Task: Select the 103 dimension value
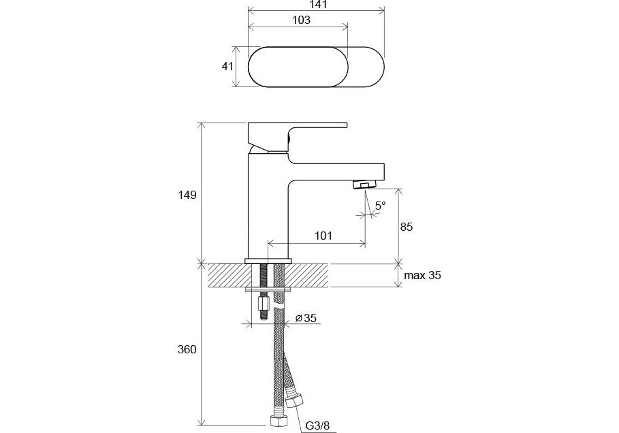[x=301, y=20]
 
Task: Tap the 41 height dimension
[x=227, y=66]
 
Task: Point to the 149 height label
[x=187, y=195]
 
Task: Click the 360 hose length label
[x=187, y=350]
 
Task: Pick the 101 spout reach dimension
[x=323, y=236]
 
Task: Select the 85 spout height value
[x=407, y=227]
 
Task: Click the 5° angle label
[x=380, y=205]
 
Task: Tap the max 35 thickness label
[x=422, y=275]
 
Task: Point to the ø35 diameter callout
[x=306, y=318]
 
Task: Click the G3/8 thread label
[x=317, y=426]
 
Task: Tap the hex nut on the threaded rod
[x=264, y=304]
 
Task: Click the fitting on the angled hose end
[x=295, y=400]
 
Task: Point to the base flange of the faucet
[x=268, y=261]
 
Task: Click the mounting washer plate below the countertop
[x=268, y=290]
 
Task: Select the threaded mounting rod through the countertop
[x=264, y=290]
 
